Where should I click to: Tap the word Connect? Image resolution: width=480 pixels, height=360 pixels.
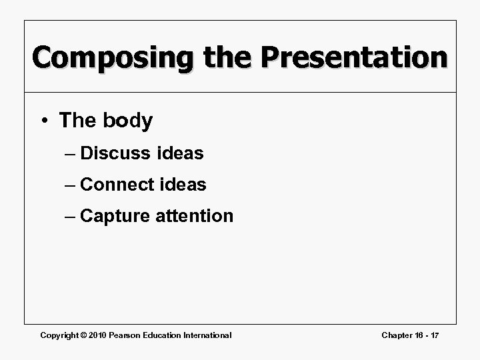pos(118,185)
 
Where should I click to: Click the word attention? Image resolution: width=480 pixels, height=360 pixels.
pos(195,216)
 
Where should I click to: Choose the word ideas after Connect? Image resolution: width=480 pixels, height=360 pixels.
pos(183,185)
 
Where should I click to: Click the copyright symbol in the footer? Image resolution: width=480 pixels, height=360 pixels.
pos(85,335)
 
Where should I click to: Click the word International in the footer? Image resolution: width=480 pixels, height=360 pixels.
pos(207,335)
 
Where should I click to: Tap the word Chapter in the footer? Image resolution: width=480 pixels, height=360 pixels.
pos(397,335)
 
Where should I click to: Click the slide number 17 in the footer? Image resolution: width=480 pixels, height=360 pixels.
pos(434,335)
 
